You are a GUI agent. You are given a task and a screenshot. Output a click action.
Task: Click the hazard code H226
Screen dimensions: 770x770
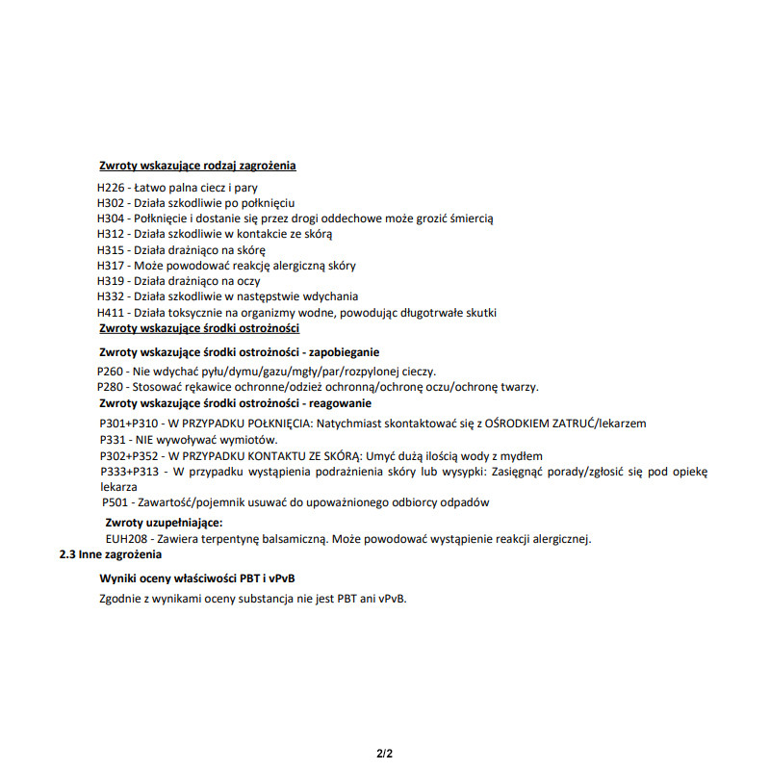[111, 187]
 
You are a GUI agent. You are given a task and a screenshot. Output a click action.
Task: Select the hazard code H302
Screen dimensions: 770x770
[111, 203]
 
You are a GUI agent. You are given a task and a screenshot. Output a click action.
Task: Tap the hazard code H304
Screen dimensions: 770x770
[111, 218]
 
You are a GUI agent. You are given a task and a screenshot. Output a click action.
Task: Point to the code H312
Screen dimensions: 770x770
[111, 234]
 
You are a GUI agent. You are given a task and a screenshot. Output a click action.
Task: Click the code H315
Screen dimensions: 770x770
[111, 249]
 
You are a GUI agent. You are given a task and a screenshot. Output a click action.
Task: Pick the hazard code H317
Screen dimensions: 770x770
[111, 266]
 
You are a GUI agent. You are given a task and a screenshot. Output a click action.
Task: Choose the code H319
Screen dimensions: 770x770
[111, 281]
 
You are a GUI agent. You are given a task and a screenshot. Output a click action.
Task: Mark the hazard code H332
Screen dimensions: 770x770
[111, 296]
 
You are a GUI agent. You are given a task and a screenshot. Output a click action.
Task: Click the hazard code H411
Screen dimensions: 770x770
[111, 313]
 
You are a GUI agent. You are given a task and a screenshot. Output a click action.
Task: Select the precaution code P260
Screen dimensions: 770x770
[111, 372]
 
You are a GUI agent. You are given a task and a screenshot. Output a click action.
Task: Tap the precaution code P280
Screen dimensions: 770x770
[111, 387]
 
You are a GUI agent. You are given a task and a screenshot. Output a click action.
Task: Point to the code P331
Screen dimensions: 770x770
[114, 440]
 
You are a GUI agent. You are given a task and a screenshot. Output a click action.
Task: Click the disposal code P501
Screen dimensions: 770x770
[115, 502]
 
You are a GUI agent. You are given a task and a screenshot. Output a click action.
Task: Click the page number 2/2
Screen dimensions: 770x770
[384, 753]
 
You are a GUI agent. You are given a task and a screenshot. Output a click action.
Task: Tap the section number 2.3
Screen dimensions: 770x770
[68, 555]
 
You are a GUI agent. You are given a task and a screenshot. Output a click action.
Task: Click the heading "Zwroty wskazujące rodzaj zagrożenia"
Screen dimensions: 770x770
[197, 166]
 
